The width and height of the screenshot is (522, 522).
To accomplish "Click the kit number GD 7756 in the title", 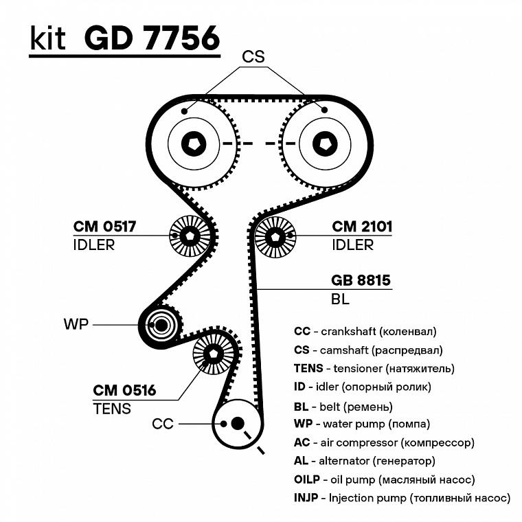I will point(152,38).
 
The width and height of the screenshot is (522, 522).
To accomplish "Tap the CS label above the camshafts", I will point(253,57).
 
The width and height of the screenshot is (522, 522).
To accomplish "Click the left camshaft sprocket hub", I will point(192,144).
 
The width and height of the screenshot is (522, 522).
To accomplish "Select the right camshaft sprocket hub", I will point(323,144).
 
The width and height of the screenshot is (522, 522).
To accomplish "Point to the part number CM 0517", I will point(104,227).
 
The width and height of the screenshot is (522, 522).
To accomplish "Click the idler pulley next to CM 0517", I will point(190,236).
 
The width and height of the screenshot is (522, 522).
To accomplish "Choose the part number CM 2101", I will point(362,227).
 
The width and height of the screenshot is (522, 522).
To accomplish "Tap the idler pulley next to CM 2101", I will point(275,236).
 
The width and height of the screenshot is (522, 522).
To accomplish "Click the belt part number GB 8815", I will point(361,280).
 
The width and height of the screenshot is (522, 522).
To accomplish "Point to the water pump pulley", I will point(159,324).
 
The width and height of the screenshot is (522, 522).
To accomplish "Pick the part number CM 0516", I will point(124,391).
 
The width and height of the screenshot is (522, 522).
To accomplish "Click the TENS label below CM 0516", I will point(111,409).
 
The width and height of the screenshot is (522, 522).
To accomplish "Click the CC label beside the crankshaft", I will point(163,424).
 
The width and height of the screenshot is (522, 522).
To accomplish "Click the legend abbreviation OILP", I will point(307,479).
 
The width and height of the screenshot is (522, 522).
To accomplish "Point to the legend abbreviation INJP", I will point(305,497).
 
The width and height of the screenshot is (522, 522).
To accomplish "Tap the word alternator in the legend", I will point(350,461).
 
